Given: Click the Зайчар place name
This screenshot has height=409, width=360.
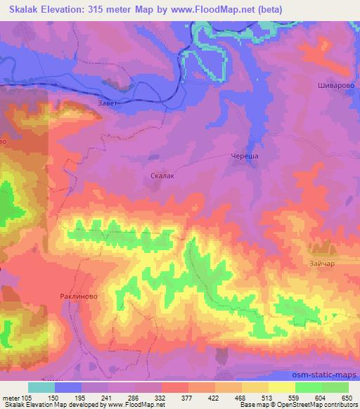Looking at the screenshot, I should click(x=321, y=264).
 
